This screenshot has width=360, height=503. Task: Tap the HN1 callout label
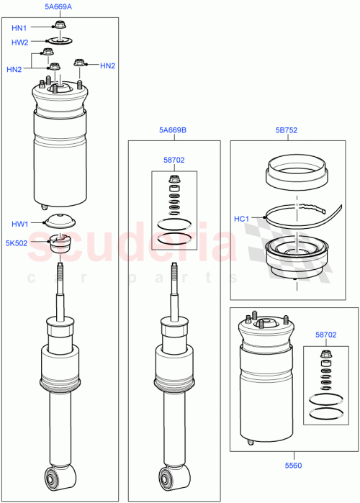coord(19,28)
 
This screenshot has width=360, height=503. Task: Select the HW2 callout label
coord(19,42)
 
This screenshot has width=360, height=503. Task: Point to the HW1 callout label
coord(19,224)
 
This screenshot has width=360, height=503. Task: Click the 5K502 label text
coord(17,243)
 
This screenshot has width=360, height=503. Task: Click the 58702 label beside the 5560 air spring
coord(325,335)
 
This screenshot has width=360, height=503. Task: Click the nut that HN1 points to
coord(58,27)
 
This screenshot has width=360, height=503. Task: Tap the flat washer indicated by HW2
coord(58,41)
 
